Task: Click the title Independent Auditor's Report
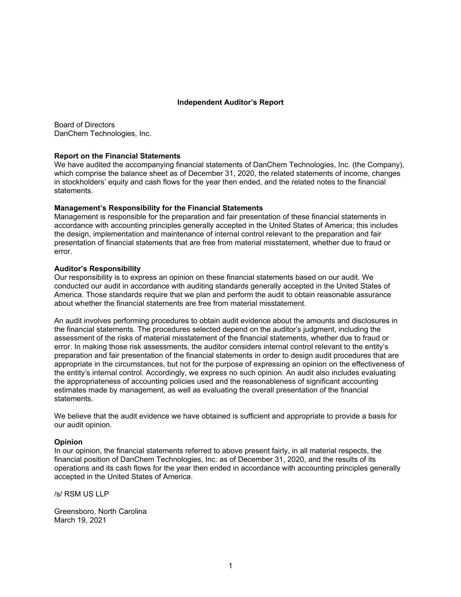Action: [x=230, y=102]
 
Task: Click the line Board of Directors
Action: [x=84, y=125]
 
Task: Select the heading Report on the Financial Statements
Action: [x=117, y=156]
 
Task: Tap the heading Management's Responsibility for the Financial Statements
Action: [x=158, y=208]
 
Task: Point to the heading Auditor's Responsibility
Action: [x=97, y=269]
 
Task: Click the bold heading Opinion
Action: [x=68, y=442]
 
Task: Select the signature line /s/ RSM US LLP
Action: [x=81, y=494]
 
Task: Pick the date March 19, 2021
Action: [x=80, y=520]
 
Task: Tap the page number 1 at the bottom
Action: [x=230, y=566]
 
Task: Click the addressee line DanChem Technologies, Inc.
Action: [x=102, y=134]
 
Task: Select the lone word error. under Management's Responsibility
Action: [x=63, y=251]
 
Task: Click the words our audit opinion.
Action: [x=83, y=425]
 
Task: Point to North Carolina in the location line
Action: [x=125, y=512]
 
